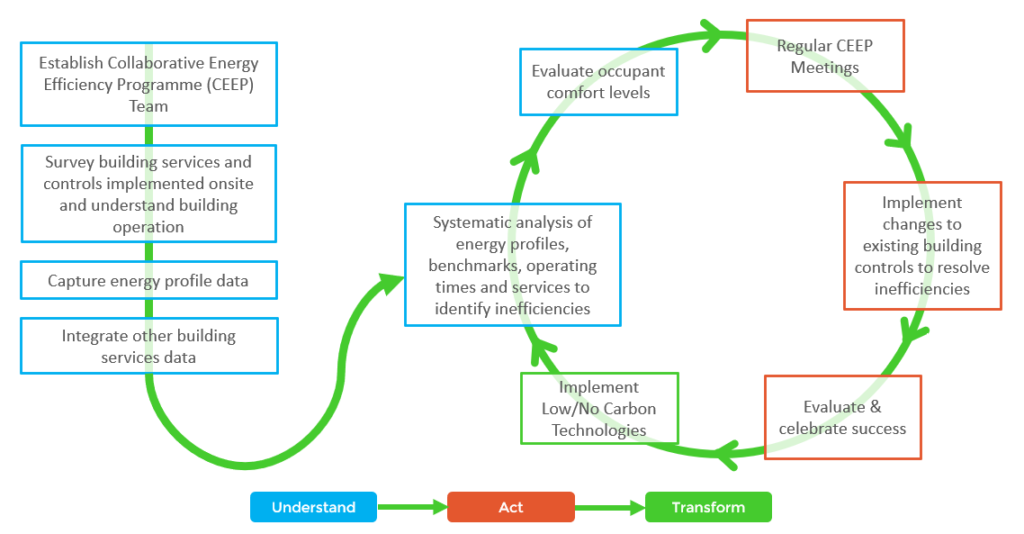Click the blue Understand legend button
coord(313,507)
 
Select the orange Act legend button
coord(511,507)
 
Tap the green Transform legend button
coord(709,507)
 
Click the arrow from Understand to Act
coord(412,507)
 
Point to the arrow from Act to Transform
coord(610,507)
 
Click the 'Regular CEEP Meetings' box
coord(825,56)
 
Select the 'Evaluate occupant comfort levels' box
coord(598,82)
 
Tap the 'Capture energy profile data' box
coord(149,281)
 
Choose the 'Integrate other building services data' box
coord(149,346)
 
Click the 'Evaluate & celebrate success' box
coord(842,417)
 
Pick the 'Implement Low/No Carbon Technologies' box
coord(599,409)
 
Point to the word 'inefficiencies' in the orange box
coord(922,289)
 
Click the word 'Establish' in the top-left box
coord(71,63)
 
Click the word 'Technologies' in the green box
coord(599,430)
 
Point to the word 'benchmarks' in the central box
coord(475,266)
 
